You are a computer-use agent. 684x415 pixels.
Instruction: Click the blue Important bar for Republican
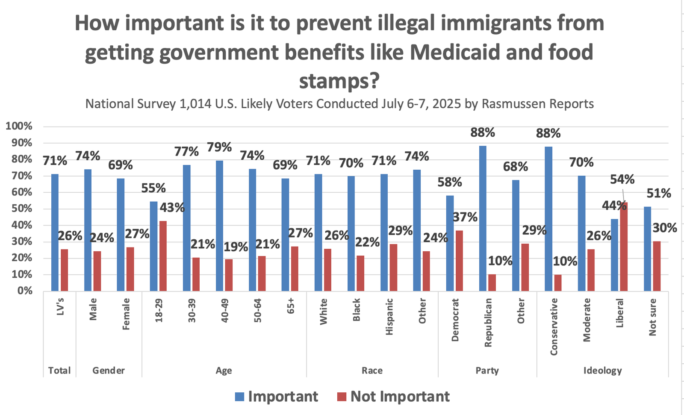coord(483,218)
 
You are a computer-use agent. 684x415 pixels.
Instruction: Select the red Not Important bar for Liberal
coord(624,247)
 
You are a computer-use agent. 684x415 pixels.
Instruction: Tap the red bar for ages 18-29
coord(163,256)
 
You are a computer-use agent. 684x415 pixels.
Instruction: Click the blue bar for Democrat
coord(450,243)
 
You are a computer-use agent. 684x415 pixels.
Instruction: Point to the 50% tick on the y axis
coord(19,209)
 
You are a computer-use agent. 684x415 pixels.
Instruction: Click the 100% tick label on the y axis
coord(19,126)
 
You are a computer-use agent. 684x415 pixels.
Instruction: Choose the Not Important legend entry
coord(393,397)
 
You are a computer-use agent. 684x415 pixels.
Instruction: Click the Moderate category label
coord(587,320)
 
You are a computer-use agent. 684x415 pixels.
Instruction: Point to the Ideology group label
coord(602,371)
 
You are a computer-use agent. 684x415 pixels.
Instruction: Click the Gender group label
coord(109,371)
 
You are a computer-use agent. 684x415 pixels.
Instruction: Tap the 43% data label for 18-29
coord(172,208)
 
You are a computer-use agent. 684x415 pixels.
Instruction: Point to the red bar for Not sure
coord(657,266)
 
